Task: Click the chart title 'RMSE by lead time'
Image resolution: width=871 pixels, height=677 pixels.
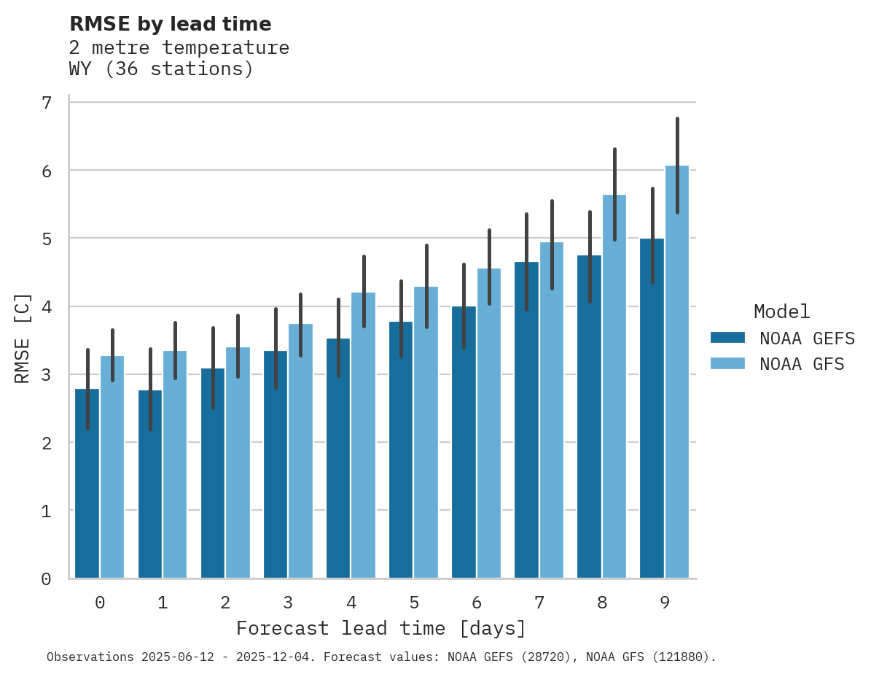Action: point(170,24)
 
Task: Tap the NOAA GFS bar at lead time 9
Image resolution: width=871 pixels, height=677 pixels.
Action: point(677,372)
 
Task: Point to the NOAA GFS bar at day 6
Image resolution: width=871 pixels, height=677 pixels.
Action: point(488,423)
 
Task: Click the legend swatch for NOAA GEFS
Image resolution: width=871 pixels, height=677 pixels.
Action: point(727,338)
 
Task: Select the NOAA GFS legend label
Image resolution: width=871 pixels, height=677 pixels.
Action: point(802,364)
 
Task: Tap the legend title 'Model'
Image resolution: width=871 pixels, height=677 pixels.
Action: point(781,312)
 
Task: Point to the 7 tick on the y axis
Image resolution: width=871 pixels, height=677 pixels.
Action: point(47,103)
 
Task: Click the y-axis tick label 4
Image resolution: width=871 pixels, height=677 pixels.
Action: point(47,306)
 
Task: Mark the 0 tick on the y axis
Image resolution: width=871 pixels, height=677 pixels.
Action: point(47,579)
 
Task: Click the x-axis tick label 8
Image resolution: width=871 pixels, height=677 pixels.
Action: point(601,603)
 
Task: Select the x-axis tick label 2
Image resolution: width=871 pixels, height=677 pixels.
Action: point(225,603)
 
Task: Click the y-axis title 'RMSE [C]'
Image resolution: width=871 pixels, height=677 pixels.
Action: point(23,338)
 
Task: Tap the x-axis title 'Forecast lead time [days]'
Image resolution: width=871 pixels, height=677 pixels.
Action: point(380,628)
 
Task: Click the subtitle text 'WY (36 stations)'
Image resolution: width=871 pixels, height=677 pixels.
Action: point(161,69)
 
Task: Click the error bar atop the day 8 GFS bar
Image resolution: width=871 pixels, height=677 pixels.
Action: point(614,194)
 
